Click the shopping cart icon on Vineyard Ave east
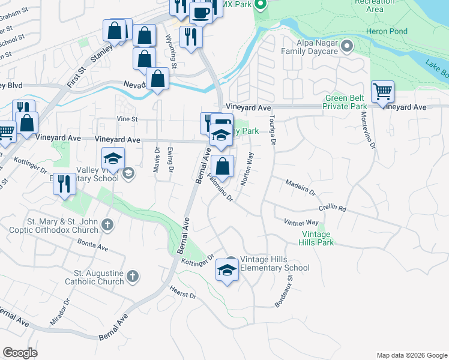click(x=382, y=92)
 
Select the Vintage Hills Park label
click(x=316, y=238)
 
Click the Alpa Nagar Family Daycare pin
click(x=347, y=46)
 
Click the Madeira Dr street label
click(x=300, y=188)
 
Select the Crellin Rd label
click(x=333, y=209)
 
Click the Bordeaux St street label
click(x=283, y=292)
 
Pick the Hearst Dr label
click(x=184, y=295)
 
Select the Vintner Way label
click(x=301, y=223)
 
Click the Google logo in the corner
click(x=20, y=353)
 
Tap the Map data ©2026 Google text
click(x=412, y=355)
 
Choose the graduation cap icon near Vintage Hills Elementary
click(x=227, y=270)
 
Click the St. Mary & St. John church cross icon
click(x=107, y=225)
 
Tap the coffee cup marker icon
click(x=200, y=11)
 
